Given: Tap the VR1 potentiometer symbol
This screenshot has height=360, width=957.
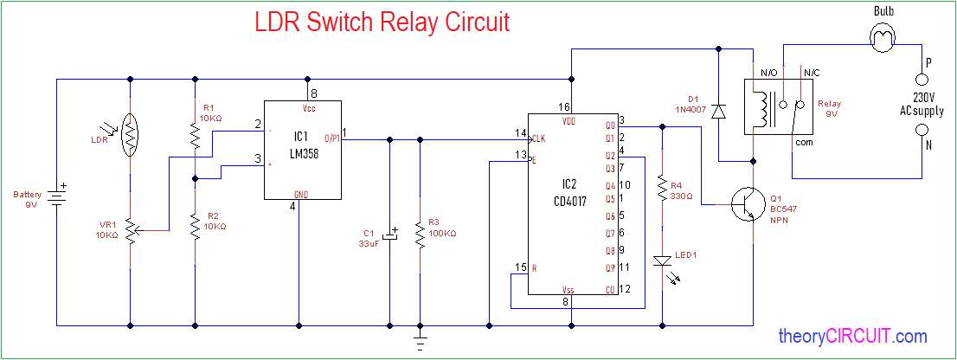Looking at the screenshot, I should tap(130, 231).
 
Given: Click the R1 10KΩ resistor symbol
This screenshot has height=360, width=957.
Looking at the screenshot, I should tap(196, 135).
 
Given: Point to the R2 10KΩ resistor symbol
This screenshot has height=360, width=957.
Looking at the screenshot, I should tap(196, 222).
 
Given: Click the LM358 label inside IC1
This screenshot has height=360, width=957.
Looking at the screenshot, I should tap(300, 152).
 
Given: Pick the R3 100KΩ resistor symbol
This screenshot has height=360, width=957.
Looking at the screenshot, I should tap(421, 233).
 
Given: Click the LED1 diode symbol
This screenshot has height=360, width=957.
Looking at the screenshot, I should tap(662, 260).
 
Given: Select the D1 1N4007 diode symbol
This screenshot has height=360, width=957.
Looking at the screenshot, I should tap(718, 110).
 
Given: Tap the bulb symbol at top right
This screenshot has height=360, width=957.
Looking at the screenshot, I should tap(883, 38).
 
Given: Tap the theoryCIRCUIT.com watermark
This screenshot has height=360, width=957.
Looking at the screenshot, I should tap(852, 336).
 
